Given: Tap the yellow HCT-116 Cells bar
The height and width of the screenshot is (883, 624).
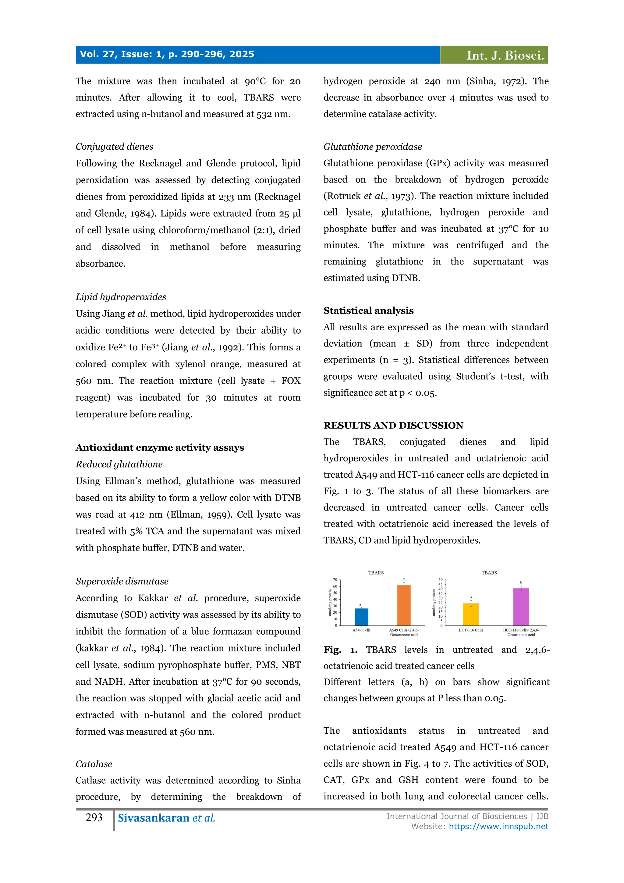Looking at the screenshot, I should (471, 614).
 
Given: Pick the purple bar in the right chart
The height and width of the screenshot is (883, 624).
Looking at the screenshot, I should (521, 607).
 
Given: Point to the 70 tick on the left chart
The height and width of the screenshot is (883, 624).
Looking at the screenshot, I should (335, 580).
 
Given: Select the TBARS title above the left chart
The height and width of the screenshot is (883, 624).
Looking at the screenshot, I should (376, 573).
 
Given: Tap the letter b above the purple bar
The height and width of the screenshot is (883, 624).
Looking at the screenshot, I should (521, 583).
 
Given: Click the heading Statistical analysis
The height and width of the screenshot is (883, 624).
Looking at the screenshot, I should (368, 310).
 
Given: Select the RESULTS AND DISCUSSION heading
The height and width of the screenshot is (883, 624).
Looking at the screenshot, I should (393, 425).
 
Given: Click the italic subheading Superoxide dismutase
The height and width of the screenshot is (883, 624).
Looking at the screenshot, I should (122, 581).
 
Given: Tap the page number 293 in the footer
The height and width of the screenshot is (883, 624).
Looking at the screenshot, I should (94, 817).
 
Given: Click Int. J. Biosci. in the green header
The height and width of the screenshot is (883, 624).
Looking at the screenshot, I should (505, 55).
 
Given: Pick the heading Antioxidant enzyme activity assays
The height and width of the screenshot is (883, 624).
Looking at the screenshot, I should (160, 447).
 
